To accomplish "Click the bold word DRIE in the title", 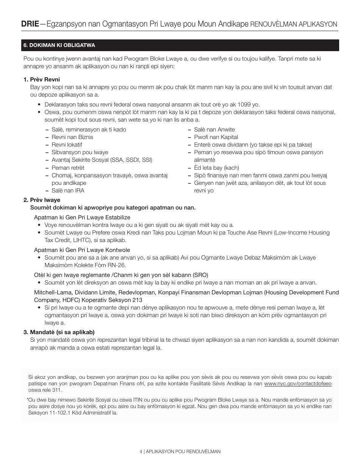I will pos(30,24).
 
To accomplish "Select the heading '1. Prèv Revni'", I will pos(42,80).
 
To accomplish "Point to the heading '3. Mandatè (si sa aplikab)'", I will pos(59,332).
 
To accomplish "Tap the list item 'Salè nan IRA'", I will pos(68,191).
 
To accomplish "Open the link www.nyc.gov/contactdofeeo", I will pos(297,384).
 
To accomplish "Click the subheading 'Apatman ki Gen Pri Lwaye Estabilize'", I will pos(82,217).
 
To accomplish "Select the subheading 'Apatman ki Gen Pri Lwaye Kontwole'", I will pos(82,250).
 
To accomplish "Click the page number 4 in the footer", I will pos(141,452).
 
